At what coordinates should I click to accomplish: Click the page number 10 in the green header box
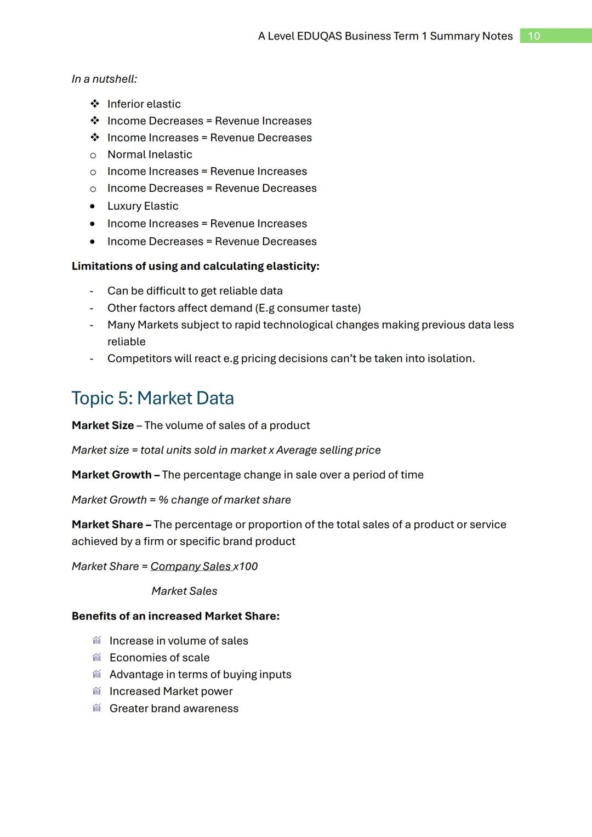533,36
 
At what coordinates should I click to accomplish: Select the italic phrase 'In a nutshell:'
104,79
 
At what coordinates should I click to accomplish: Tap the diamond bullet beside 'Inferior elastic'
94,104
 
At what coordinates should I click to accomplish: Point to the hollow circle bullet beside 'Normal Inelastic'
93,155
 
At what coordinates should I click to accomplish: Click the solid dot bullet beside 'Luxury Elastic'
93,207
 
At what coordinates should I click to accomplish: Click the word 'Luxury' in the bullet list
124,206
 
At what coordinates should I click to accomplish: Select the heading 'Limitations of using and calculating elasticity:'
195,266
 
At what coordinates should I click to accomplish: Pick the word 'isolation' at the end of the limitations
452,358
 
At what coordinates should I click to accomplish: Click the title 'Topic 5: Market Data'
152,398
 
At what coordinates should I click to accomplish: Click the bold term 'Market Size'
103,425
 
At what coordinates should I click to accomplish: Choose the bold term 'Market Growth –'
115,475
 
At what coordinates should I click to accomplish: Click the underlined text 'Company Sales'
190,566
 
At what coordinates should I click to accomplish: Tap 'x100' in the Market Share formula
246,566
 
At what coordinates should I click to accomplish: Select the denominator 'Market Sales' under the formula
184,591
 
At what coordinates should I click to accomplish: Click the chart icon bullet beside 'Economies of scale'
97,657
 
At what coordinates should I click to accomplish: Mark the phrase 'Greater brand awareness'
174,708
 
